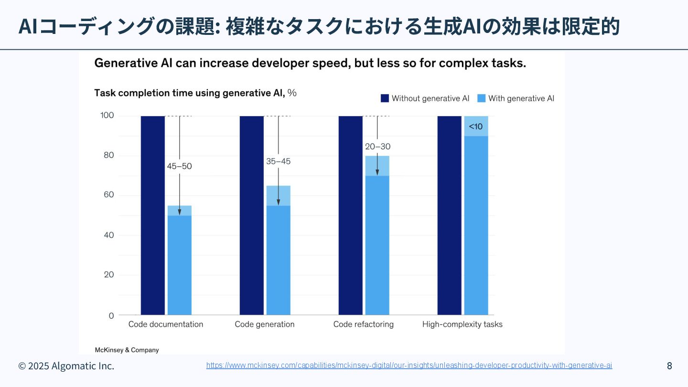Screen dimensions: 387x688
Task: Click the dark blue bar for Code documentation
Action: pos(153,215)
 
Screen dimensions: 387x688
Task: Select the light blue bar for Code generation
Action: pos(279,258)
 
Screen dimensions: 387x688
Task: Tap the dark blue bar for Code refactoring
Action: pos(351,215)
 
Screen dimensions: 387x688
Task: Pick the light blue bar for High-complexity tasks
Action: pos(476,225)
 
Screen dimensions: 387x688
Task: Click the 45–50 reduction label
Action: pos(179,166)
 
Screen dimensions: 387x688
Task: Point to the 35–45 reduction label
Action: pos(278,161)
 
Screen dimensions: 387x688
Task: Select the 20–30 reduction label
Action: pos(377,147)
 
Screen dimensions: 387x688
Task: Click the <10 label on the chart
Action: pos(475,127)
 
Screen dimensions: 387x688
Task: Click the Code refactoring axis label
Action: pos(364,324)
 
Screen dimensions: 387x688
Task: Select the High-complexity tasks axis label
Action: pos(462,324)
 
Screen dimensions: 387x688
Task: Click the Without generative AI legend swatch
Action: pos(385,98)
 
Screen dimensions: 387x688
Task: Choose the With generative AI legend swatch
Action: pos(481,98)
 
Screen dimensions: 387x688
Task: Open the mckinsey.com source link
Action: pos(409,365)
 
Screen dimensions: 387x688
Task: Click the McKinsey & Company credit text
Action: pos(127,350)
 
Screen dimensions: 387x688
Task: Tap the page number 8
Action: pos(669,366)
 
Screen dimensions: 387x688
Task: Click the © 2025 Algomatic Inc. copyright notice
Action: pos(66,366)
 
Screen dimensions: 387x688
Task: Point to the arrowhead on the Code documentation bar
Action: pos(180,212)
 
